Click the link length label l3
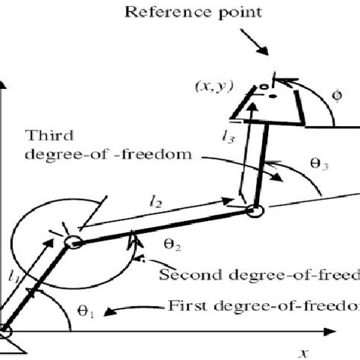tap(228, 137)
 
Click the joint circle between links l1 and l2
tap(72, 242)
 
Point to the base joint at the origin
tap(4, 331)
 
